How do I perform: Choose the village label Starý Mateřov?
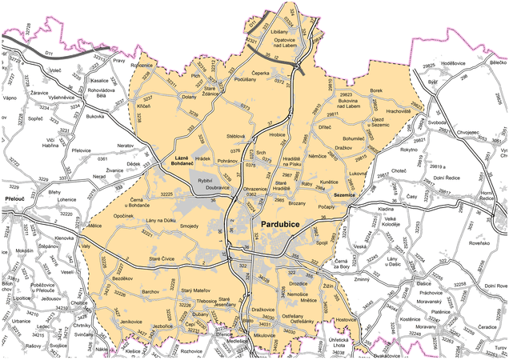pyautogui.click(x=196, y=290)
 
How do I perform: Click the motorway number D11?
pyautogui.click(x=48, y=53)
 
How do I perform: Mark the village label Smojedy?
pyautogui.click(x=189, y=226)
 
